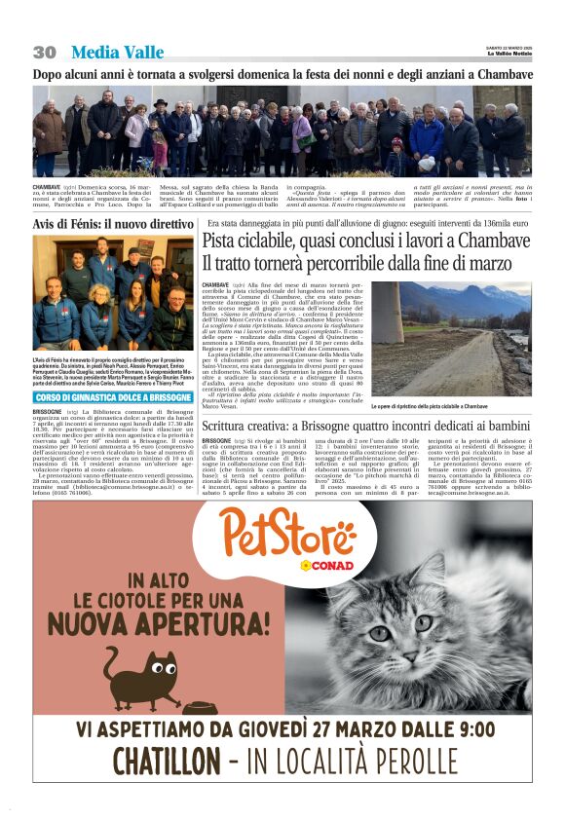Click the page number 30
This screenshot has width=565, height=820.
coord(44,53)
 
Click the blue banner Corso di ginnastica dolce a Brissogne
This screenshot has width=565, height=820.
coord(112,397)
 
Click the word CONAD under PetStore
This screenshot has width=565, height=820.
coord(327,565)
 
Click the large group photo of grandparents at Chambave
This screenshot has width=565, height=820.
coord(282,130)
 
